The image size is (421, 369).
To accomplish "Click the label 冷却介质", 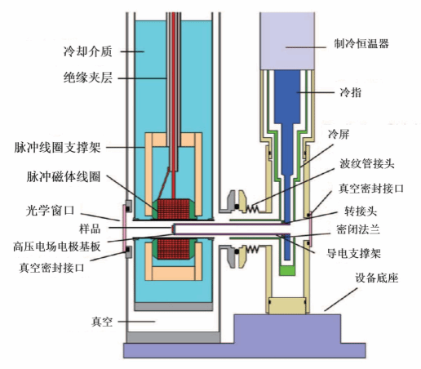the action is [88, 51].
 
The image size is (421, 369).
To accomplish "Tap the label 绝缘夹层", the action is [88, 78].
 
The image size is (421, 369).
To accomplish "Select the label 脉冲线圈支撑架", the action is [57, 148].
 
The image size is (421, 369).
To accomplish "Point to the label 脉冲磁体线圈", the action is [64, 176].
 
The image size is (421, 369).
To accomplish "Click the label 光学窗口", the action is [50, 211].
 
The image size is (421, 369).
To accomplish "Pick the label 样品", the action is [90, 229].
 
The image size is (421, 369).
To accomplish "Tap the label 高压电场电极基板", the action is [57, 247].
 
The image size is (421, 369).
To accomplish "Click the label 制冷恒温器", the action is [361, 43].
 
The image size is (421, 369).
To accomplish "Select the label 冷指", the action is [351, 92].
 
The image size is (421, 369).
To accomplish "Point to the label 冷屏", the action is [339, 134].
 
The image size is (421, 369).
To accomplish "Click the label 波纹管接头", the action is [366, 164].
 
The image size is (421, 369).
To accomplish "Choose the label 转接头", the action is [361, 211].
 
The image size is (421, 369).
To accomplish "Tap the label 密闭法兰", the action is [358, 229].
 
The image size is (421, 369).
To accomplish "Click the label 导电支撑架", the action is [353, 254].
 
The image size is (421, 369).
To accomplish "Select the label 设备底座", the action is [377, 278].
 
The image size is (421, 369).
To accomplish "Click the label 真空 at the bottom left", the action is [102, 322].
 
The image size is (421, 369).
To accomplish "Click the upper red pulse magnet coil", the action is [174, 209].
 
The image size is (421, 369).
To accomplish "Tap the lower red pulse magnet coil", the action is [174, 249].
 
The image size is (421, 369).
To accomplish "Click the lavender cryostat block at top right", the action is [287, 41].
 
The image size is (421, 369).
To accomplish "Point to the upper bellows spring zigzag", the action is [253, 208].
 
